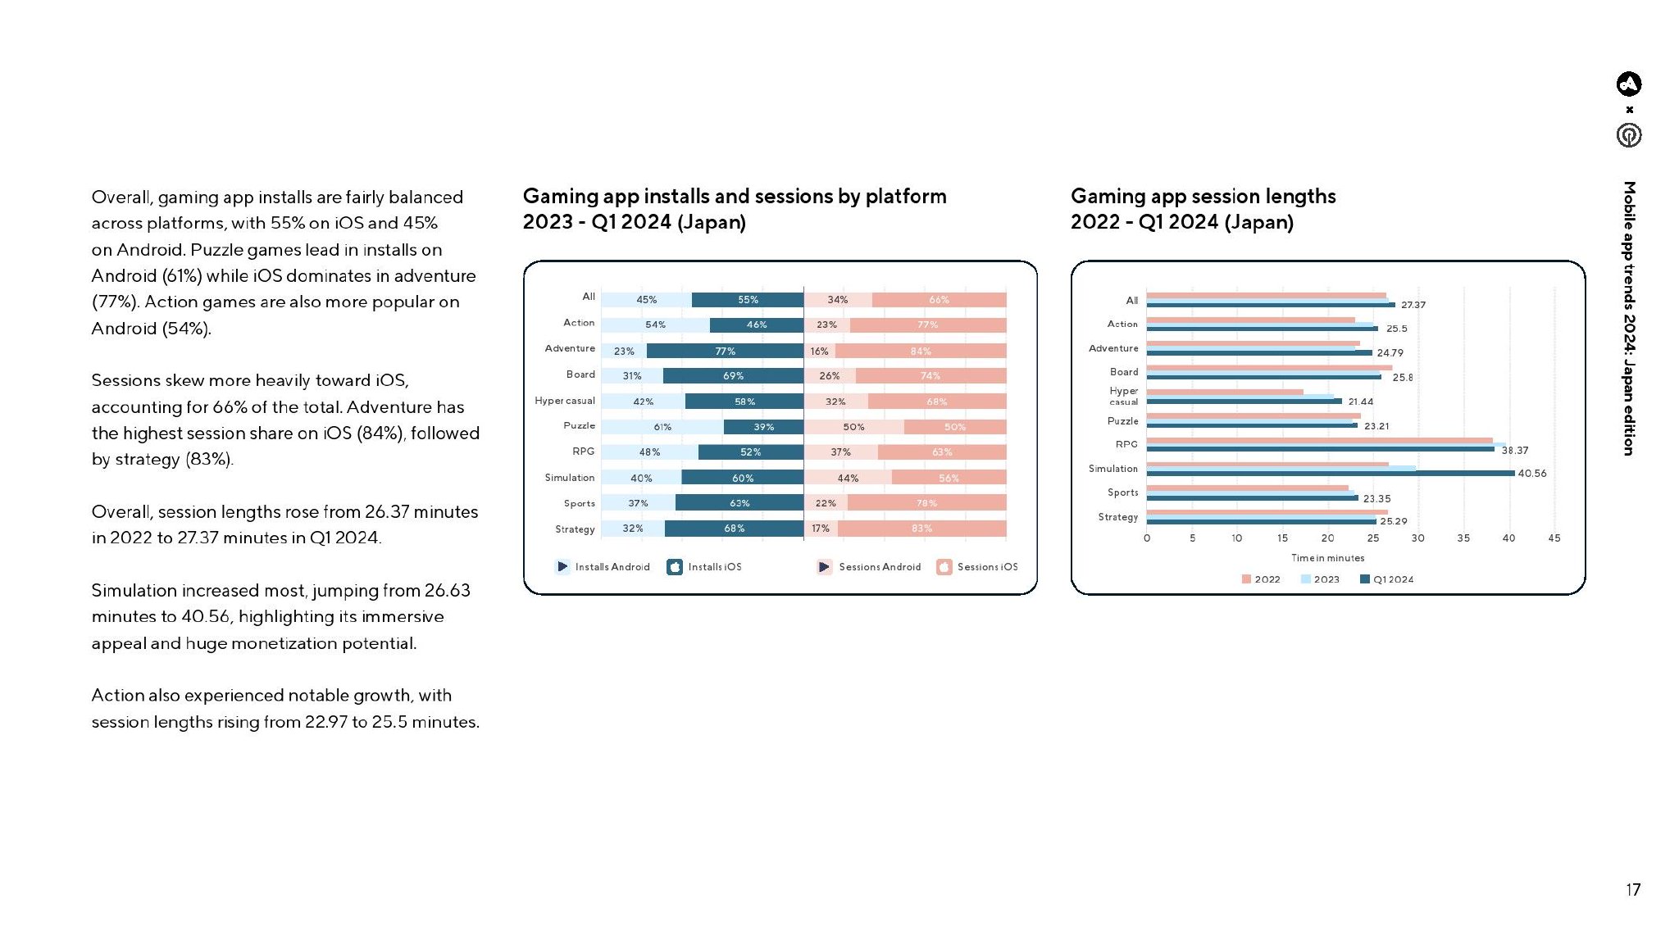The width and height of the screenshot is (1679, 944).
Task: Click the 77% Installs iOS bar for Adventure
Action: coord(725,351)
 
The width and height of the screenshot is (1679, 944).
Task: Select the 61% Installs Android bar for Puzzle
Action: coord(662,427)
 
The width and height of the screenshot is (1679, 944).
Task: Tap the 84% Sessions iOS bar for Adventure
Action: coord(921,351)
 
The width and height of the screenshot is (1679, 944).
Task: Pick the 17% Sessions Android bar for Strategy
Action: coord(821,529)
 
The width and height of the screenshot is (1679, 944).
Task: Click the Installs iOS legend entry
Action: coord(705,567)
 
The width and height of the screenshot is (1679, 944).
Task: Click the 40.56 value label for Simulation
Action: coord(1532,474)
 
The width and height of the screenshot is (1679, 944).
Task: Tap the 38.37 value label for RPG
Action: coord(1515,451)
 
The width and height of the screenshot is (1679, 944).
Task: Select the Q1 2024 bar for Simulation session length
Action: coord(1330,474)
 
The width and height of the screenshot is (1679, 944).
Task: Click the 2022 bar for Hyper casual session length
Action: coord(1225,392)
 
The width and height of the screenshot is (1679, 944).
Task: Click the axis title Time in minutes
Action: coord(1328,558)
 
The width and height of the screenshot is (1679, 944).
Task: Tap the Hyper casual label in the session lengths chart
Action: coord(1123,397)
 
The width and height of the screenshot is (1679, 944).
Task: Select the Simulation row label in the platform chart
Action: coord(570,478)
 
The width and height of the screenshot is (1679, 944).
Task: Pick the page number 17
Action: coord(1633,890)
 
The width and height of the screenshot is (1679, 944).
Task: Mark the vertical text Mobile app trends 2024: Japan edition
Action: coord(1630,318)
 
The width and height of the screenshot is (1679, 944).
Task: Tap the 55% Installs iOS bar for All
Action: coord(748,300)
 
